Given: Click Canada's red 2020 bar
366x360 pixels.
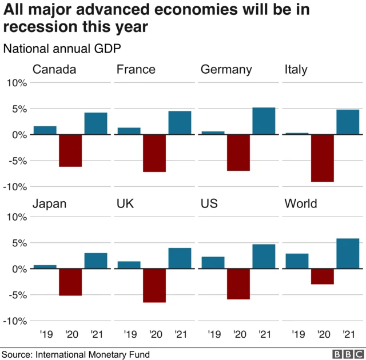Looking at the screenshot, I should pos(70,151).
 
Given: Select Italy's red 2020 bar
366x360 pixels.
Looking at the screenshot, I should pos(322,158).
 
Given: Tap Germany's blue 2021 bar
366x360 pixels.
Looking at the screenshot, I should pos(264,121).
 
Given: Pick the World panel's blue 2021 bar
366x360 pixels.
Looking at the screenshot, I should pos(348,254).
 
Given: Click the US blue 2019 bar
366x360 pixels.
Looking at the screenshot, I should pos(213,263).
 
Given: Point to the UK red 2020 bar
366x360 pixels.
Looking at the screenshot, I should pos(154,286).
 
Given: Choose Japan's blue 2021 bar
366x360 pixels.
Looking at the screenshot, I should pos(96,261).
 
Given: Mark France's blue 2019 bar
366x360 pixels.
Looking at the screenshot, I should pos(129,131).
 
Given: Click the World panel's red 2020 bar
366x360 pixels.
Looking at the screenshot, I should pos(322,277).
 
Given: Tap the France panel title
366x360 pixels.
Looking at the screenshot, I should pos(136,70).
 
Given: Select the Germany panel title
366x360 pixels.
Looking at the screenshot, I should pos(226,70).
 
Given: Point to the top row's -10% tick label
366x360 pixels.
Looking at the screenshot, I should pos(15,187).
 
